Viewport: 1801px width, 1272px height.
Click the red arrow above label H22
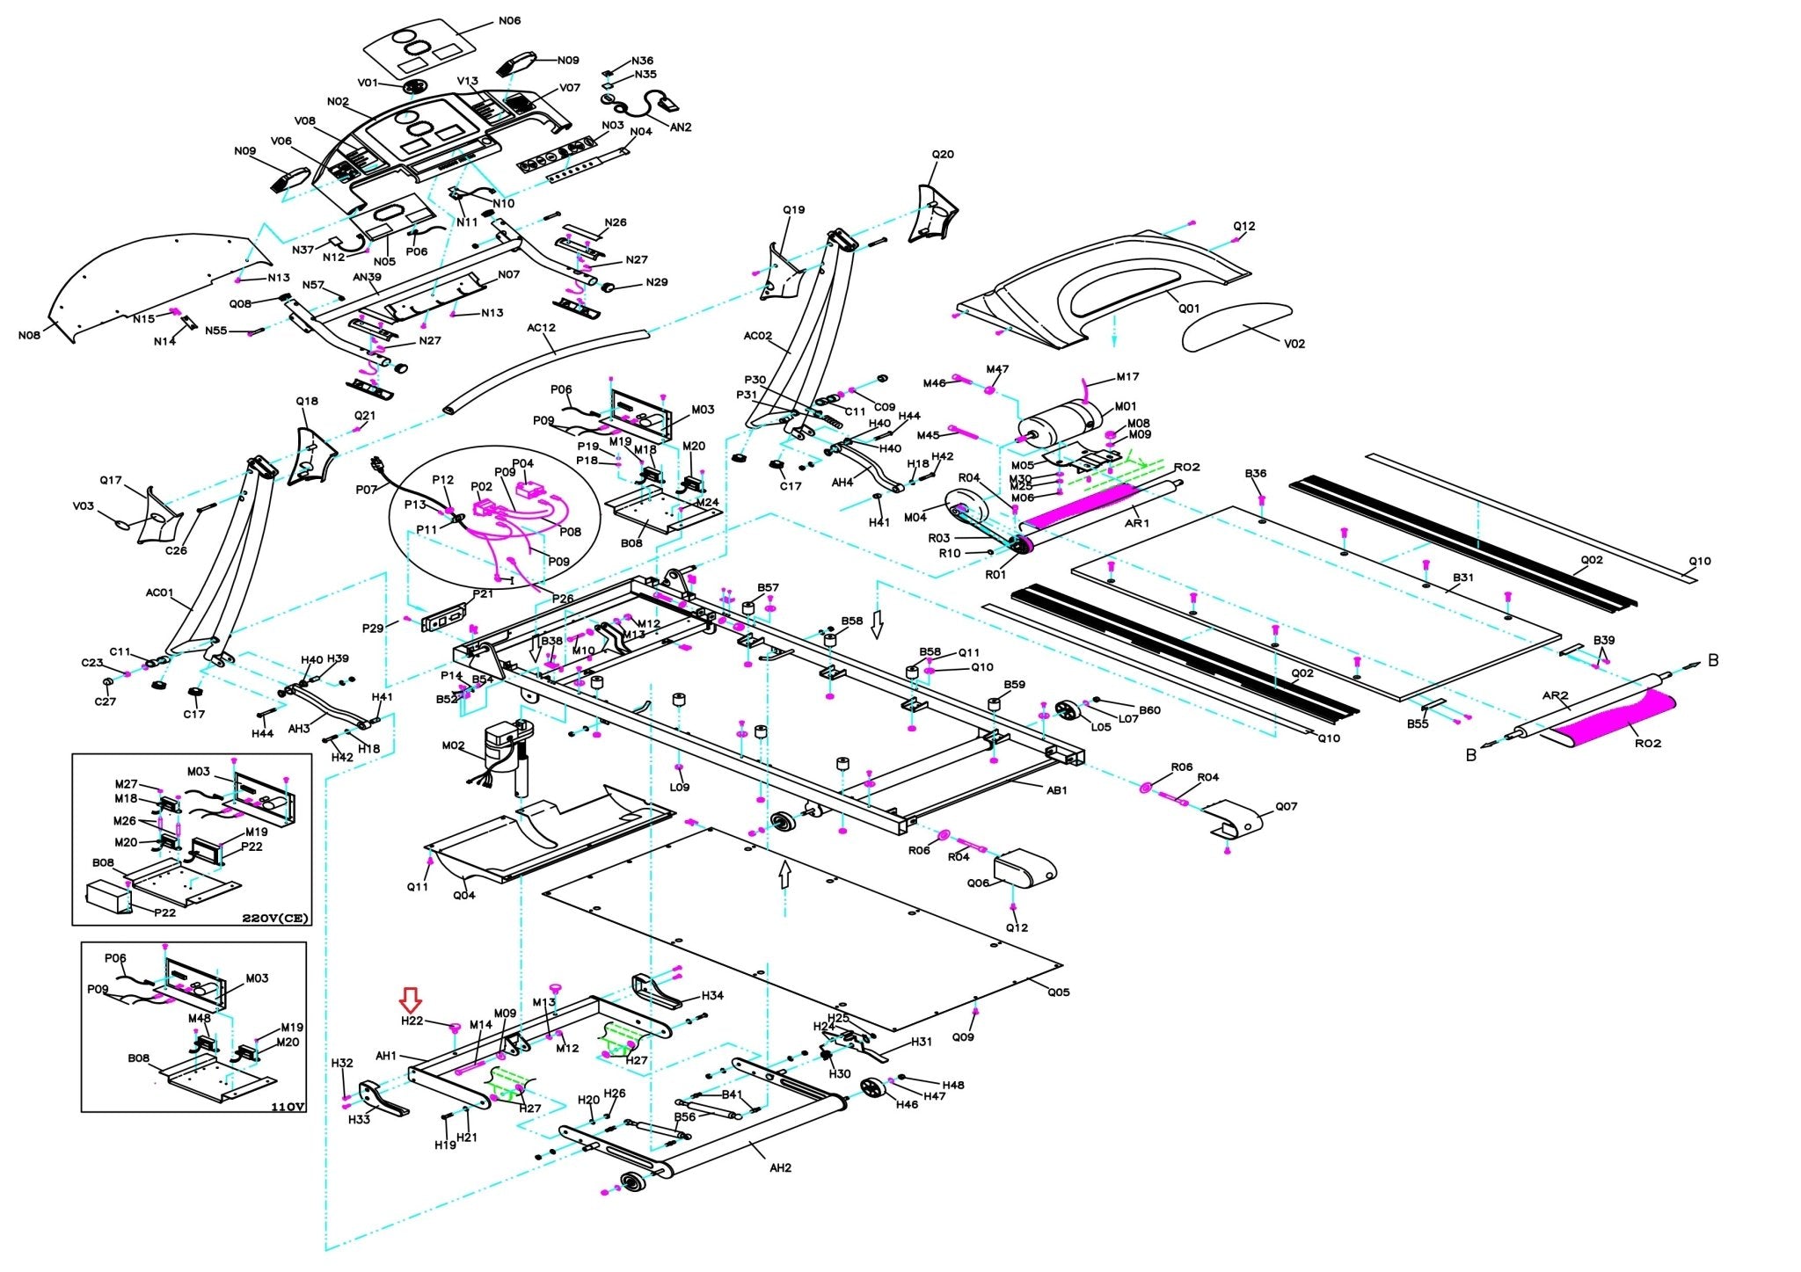tap(411, 999)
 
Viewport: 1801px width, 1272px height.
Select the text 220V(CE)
tap(275, 919)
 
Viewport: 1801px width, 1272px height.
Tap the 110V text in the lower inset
tap(289, 1107)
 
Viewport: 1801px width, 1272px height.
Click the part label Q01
tap(1189, 309)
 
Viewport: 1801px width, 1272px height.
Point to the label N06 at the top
tap(509, 20)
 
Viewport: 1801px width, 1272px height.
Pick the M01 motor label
tap(1126, 407)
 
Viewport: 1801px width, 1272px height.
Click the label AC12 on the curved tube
tap(542, 328)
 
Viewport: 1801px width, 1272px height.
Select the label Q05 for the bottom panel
tap(1059, 992)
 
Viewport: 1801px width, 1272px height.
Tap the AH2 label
tap(780, 1168)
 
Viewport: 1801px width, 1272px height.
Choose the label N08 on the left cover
tap(29, 335)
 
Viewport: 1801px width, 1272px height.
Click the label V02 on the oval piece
tap(1294, 344)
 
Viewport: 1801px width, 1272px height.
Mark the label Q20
tap(943, 155)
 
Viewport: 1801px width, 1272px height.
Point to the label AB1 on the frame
tap(1056, 790)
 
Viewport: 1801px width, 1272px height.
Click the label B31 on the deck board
tap(1463, 578)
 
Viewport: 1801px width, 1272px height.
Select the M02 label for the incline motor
tap(453, 745)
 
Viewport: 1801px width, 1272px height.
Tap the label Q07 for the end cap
tap(1286, 806)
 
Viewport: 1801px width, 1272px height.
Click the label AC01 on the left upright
tap(159, 592)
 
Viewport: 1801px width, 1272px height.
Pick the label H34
tap(712, 996)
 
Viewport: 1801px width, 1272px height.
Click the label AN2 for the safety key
tap(681, 127)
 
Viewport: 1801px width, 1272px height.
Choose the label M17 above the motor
tap(1127, 377)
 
